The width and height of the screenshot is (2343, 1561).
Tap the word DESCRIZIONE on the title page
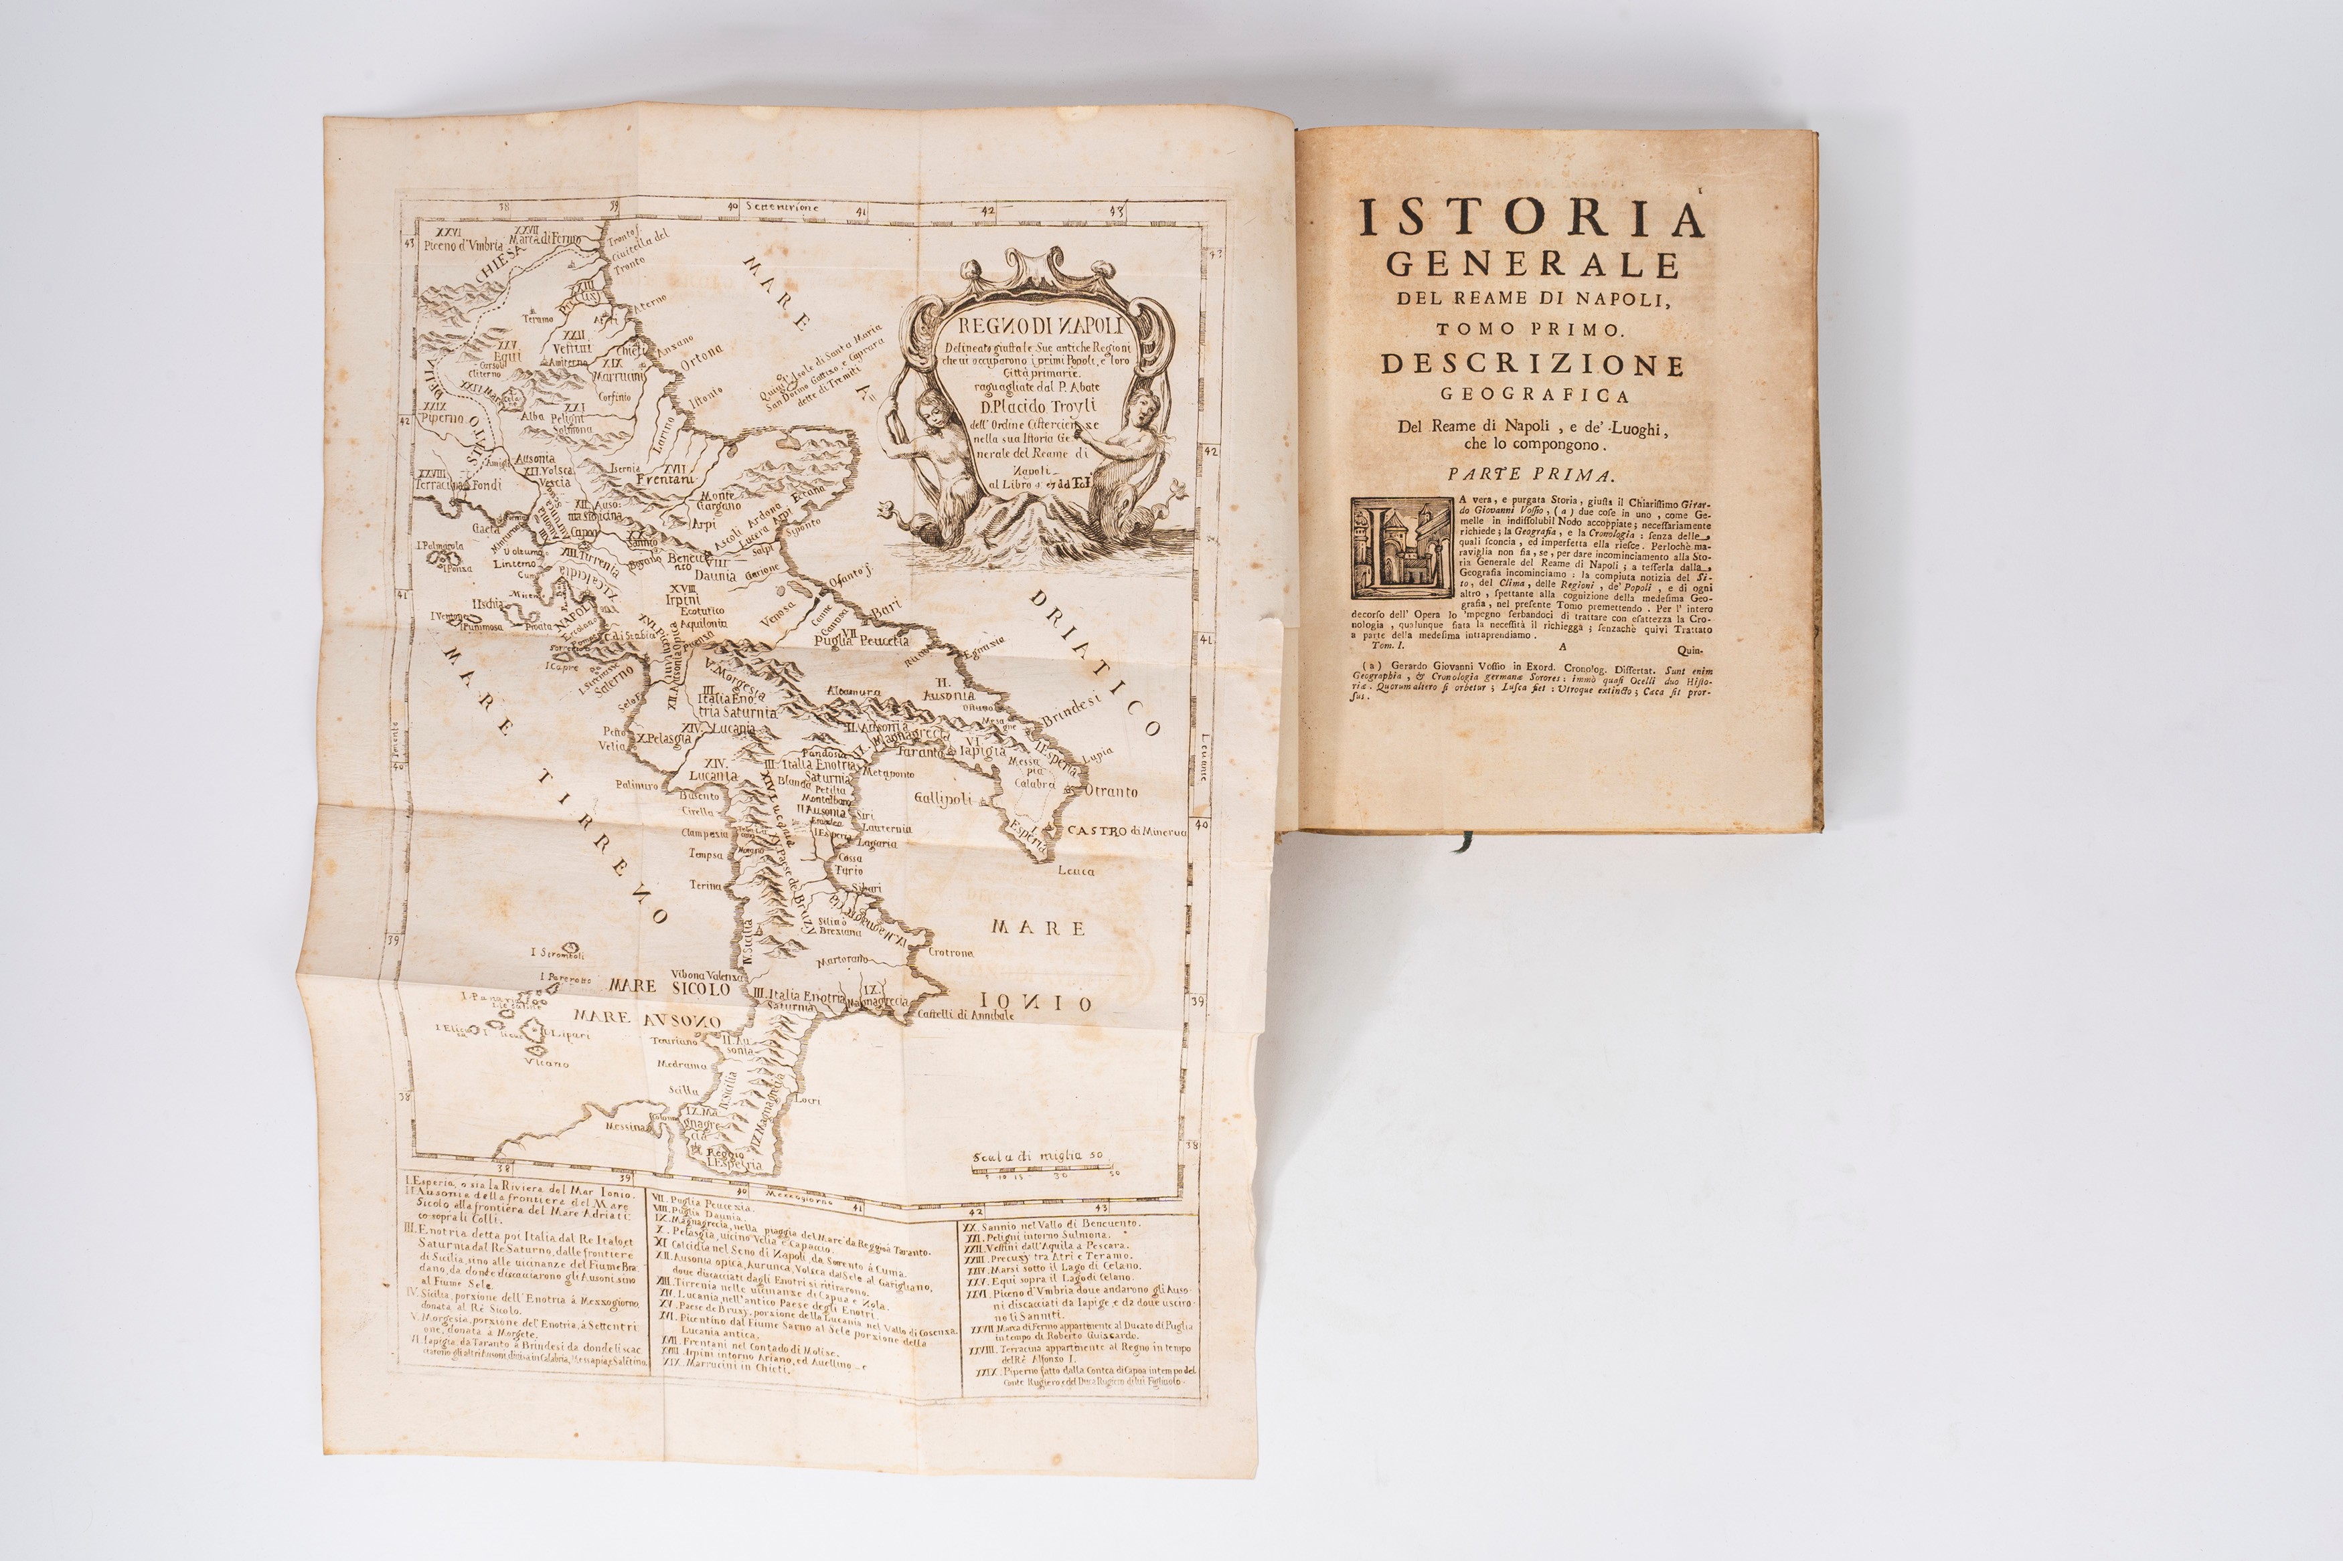1532,365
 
